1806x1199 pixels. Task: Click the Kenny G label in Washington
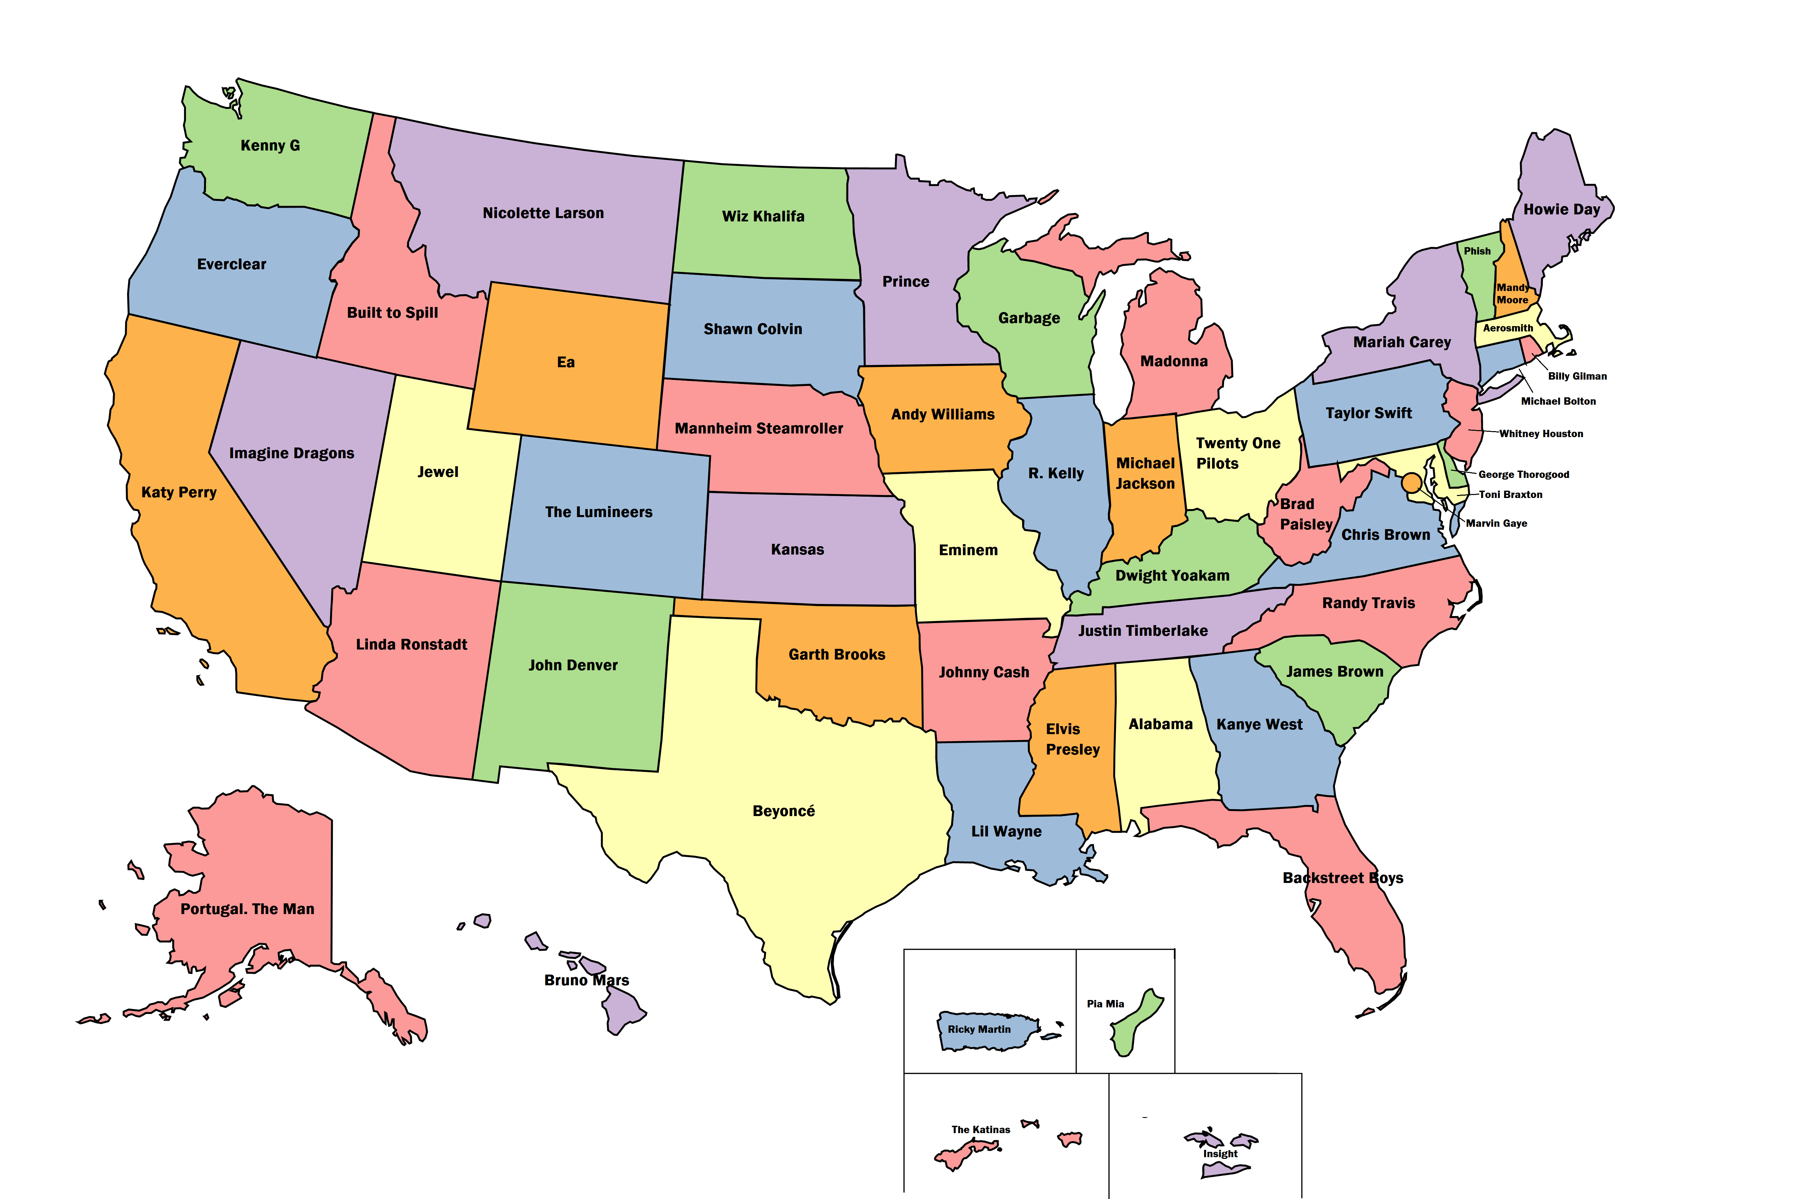pos(270,145)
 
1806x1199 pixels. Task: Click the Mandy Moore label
pos(1512,294)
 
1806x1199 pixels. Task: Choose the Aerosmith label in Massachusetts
pos(1508,328)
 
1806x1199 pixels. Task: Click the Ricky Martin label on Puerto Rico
pos(979,1029)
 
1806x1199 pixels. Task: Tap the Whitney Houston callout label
pos(1541,433)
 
